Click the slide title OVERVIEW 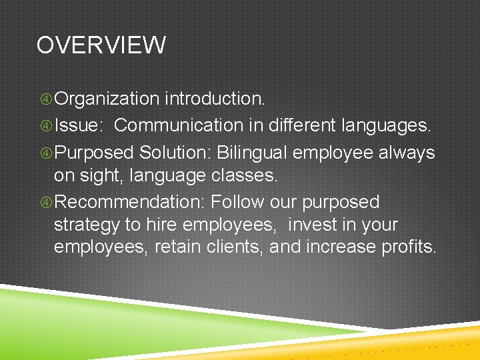pyautogui.click(x=101, y=45)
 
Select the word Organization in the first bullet pyautogui.click(x=107, y=99)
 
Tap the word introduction pyautogui.click(x=215, y=99)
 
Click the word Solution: pyautogui.click(x=175, y=153)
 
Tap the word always pyautogui.click(x=406, y=153)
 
